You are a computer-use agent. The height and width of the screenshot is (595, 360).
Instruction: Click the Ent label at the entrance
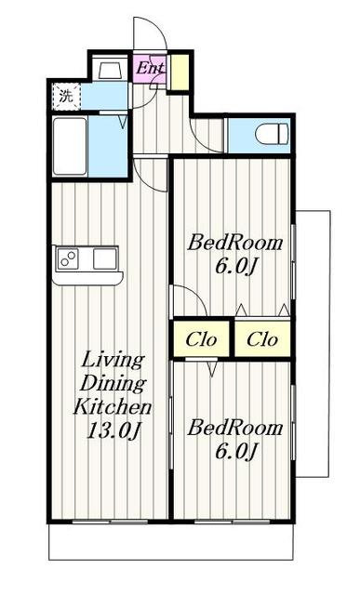point(150,68)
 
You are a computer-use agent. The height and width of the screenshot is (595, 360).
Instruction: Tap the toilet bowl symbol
point(272,134)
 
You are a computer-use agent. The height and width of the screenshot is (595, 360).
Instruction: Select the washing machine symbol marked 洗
point(66,97)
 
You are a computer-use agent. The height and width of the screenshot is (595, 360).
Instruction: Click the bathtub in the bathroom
point(70,146)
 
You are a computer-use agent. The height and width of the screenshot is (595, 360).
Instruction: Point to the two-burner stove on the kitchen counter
point(68,259)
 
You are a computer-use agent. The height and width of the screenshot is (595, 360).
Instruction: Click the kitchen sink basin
point(104,259)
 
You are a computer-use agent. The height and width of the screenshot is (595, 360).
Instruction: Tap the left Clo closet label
point(201,339)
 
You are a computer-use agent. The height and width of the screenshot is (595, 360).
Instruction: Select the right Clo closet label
point(262,339)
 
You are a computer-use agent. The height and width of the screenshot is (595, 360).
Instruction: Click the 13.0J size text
point(113,430)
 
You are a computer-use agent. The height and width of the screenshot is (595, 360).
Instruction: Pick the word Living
point(113,360)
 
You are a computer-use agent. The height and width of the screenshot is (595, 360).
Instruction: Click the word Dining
point(113,383)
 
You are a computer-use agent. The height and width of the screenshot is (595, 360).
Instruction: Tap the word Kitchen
point(113,407)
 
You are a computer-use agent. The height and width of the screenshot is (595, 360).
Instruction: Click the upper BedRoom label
point(235,243)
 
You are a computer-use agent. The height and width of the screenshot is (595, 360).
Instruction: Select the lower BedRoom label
point(235,428)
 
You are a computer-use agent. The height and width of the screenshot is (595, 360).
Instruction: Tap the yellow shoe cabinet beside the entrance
point(180,73)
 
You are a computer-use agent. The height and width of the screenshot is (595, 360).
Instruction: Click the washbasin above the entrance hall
point(110,70)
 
